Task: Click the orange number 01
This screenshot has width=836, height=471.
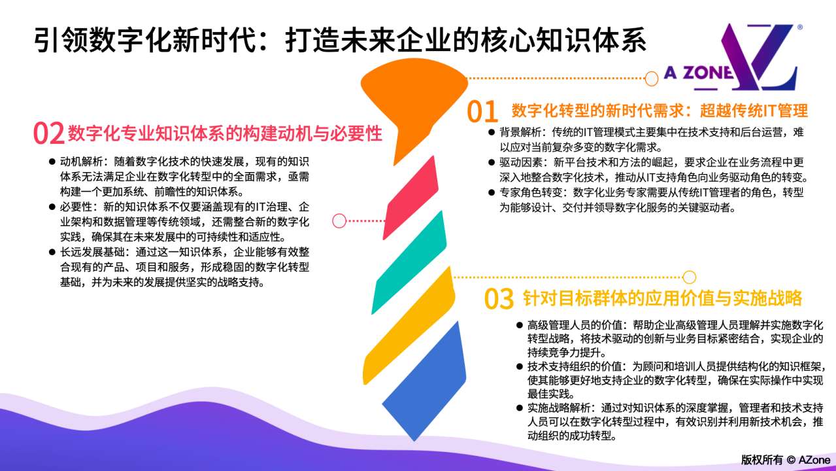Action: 482,111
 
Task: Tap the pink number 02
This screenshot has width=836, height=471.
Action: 48,133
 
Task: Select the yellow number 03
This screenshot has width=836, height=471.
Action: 499,299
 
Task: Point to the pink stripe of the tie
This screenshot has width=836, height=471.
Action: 410,198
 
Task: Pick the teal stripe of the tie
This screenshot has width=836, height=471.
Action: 409,262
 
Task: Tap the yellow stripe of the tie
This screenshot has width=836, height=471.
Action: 409,326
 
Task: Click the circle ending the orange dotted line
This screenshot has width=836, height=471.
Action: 651,78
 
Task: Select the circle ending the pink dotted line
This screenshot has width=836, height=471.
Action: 339,220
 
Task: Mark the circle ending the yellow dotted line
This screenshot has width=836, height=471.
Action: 689,277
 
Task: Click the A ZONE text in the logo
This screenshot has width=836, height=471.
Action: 698,73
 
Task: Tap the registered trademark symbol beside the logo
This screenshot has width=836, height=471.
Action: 799,27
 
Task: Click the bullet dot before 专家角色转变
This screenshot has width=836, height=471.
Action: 492,192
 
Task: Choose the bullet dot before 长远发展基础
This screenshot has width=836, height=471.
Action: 52,252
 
